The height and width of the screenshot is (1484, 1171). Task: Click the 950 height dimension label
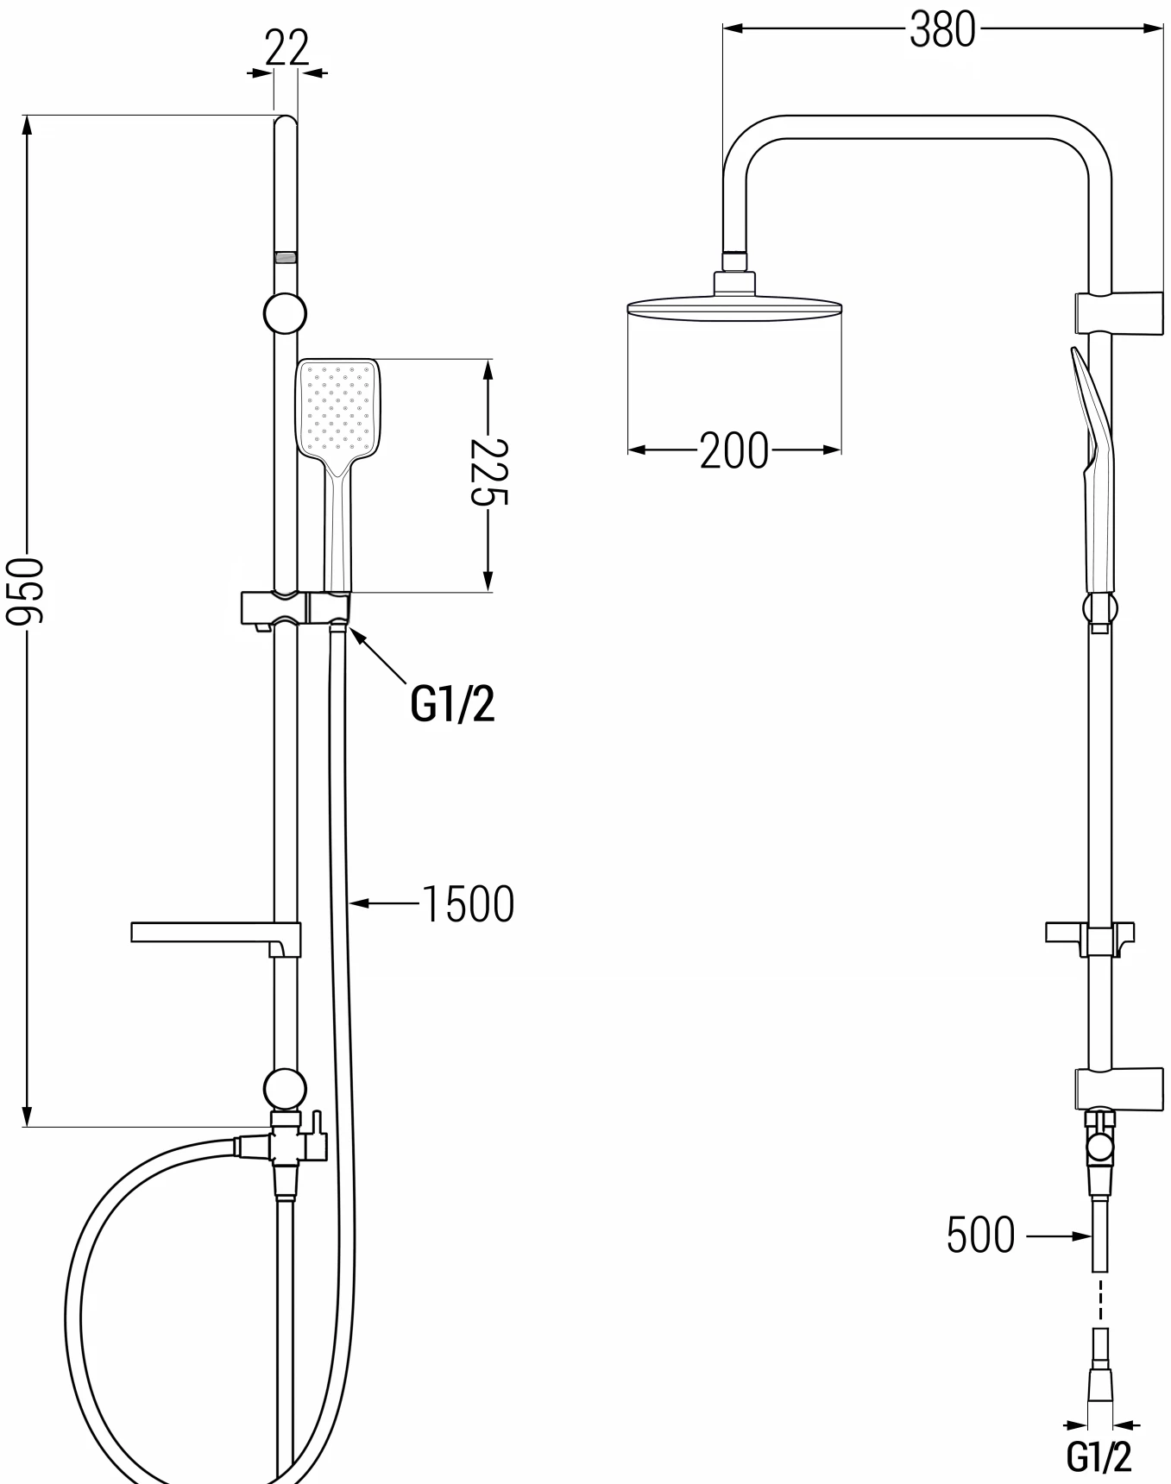tap(24, 590)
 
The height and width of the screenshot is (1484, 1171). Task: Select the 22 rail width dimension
tap(286, 48)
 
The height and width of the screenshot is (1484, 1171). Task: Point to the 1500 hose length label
tap(468, 904)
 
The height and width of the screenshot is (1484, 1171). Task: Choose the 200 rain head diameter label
tap(733, 450)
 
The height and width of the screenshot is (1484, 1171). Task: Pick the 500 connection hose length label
tap(980, 1236)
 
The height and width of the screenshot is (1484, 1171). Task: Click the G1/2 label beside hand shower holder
tap(452, 705)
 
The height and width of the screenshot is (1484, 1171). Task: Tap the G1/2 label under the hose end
tap(1099, 1457)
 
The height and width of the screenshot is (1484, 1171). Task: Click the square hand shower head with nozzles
tap(338, 407)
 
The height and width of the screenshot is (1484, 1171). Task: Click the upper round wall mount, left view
tap(285, 315)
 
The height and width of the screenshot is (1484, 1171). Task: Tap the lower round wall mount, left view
tap(285, 1089)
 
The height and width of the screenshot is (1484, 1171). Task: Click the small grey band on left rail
tap(286, 256)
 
